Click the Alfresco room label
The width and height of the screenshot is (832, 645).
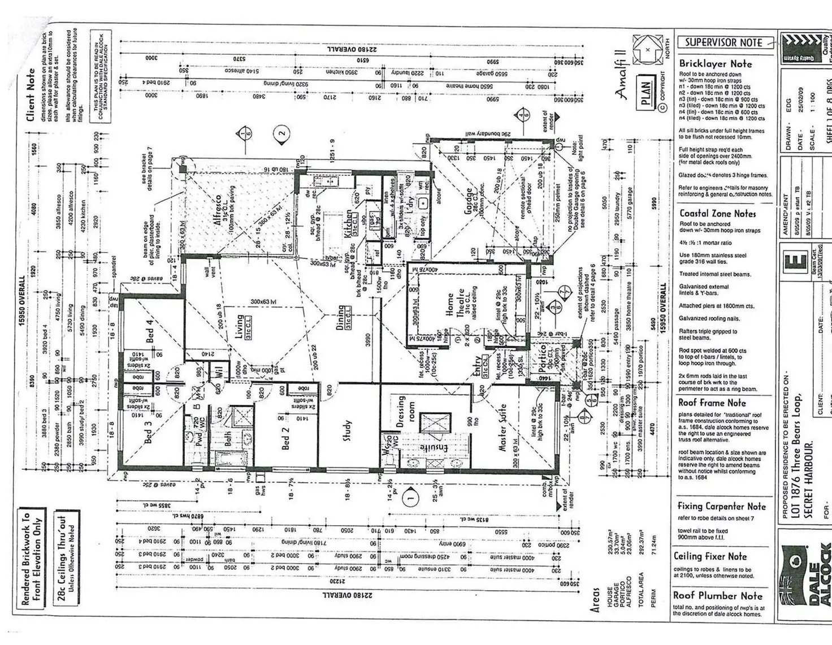coord(218,210)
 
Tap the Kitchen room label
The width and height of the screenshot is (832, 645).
coord(349,222)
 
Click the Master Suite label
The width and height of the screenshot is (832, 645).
coord(502,427)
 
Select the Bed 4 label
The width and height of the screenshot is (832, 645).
coord(150,331)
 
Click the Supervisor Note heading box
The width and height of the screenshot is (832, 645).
coord(723,42)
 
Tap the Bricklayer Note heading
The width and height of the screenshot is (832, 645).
coord(715,64)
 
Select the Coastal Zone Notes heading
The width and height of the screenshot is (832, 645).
coord(717,214)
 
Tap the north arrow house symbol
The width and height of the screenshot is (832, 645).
coord(647,49)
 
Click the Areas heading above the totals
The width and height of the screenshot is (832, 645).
coord(594,599)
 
